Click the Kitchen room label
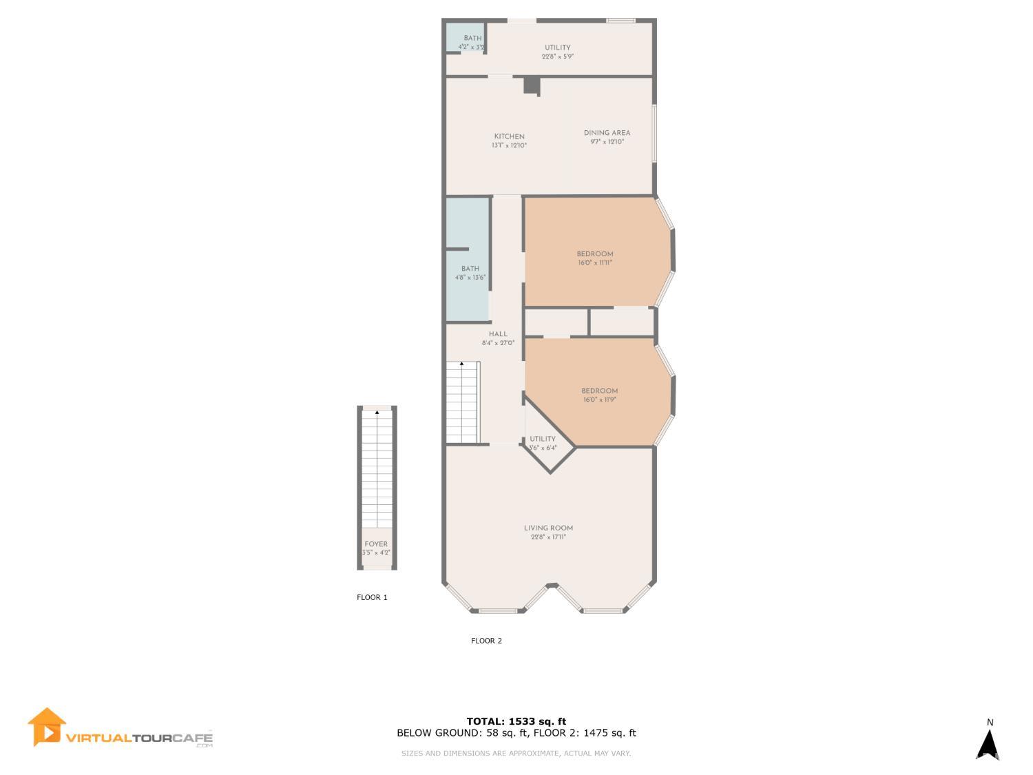(509, 137)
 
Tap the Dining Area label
(607, 134)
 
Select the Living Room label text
(548, 528)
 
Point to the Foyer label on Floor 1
(376, 544)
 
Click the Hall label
(498, 334)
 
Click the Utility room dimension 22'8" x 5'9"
(558, 56)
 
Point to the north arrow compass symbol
(989, 744)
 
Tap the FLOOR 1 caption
(372, 597)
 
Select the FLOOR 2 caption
(486, 641)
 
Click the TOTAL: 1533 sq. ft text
(516, 721)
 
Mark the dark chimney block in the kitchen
(531, 85)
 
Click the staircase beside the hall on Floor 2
(461, 403)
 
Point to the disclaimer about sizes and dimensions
(516, 754)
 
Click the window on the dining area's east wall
(654, 134)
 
